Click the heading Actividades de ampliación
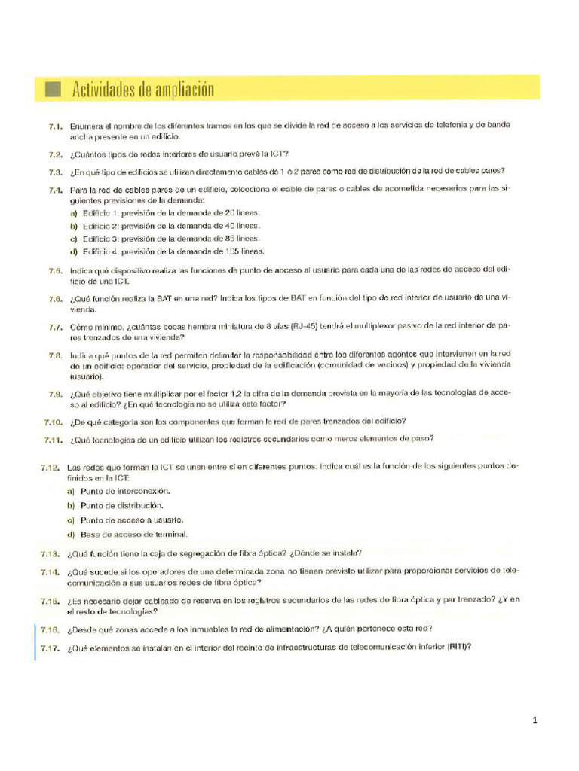point(142,90)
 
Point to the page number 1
point(535,721)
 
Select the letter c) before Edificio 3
point(74,239)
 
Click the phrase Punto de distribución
point(120,505)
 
